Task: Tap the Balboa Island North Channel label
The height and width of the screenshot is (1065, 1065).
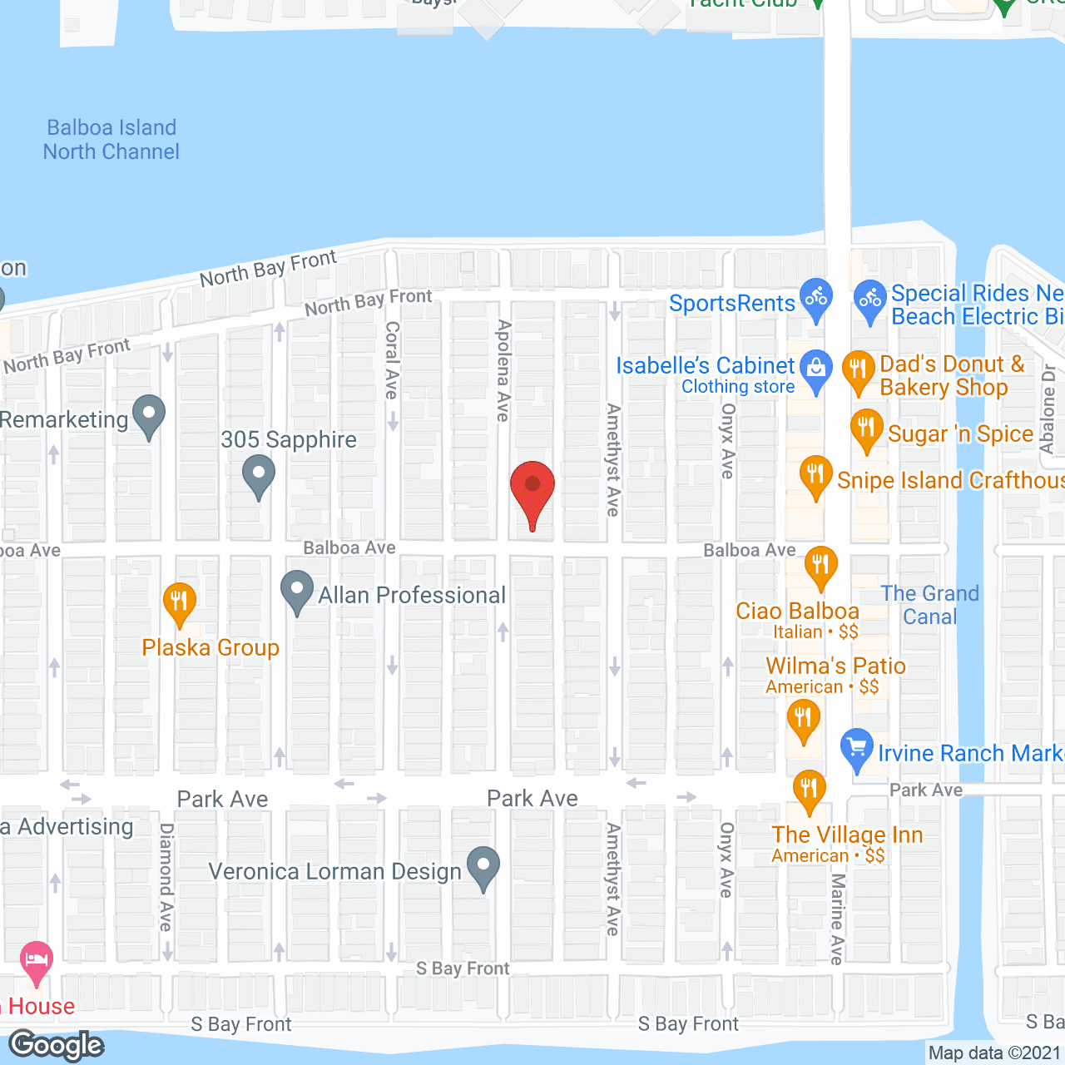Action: [111, 140]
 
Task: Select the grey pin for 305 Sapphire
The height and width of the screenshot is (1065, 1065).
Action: [259, 476]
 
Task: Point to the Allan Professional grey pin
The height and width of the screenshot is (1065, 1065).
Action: [297, 591]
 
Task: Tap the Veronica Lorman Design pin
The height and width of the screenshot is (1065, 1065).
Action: [483, 867]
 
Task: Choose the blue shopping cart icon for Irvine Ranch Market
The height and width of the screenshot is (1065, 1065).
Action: [856, 749]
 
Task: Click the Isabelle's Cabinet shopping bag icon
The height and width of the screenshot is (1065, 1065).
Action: [816, 369]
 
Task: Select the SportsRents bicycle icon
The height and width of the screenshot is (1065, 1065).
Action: [816, 298]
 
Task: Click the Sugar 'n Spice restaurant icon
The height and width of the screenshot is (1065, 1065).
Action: [866, 429]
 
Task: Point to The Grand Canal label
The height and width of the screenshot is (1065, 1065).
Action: [930, 605]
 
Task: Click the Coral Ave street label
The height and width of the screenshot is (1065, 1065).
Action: [392, 360]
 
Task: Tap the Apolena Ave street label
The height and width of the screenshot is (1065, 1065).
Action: [503, 370]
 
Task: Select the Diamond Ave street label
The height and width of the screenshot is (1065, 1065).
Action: [166, 877]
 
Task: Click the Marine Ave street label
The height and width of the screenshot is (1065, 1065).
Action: [838, 919]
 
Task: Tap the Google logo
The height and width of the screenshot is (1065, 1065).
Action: [57, 1046]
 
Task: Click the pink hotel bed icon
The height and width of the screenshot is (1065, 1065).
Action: [36, 961]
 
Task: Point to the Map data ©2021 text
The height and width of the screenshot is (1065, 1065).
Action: [995, 1053]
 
